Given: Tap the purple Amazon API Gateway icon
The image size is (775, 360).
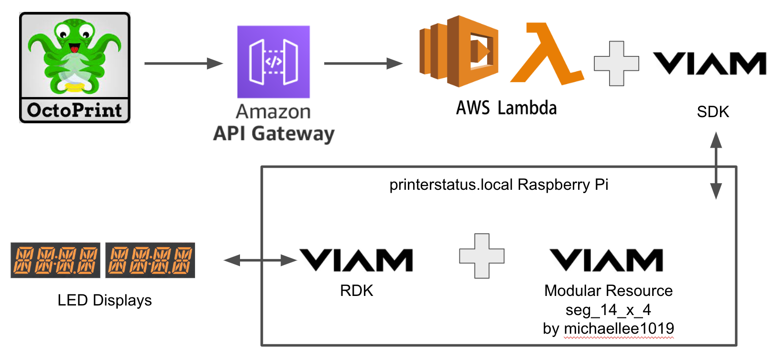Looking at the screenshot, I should (273, 62).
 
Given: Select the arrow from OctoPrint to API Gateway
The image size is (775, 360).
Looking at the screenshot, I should (183, 63).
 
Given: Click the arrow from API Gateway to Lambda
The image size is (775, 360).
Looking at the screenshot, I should (363, 63).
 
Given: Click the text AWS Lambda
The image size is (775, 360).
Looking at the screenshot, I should (506, 108).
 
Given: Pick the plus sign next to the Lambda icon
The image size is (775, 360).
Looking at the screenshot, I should (616, 64).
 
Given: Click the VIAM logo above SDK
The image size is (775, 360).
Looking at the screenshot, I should (710, 64).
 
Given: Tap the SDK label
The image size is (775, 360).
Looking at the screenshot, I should (713, 112).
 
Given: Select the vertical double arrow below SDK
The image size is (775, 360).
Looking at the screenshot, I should (716, 165).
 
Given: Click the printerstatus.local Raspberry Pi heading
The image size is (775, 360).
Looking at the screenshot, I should (499, 185).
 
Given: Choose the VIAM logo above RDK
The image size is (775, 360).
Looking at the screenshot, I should (356, 260).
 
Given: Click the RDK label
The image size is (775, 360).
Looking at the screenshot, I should (356, 291).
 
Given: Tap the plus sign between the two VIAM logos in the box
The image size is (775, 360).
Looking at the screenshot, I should (481, 256).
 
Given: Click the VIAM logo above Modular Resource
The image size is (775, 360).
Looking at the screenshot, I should (606, 260).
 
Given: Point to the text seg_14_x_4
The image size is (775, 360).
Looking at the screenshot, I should (608, 310).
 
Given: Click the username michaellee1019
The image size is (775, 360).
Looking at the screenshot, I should (619, 328).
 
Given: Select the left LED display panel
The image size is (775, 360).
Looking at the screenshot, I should (55, 260).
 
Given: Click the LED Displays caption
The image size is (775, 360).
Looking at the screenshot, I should (105, 300).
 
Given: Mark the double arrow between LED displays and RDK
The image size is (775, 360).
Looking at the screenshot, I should (261, 260).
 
